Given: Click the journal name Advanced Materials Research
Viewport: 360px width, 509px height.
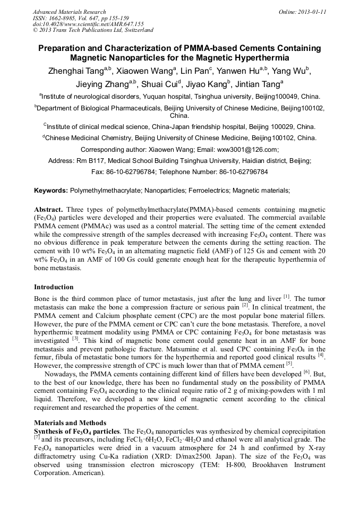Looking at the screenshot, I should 69,12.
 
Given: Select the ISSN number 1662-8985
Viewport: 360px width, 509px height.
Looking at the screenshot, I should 61,18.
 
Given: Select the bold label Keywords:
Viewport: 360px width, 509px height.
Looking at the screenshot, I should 51,190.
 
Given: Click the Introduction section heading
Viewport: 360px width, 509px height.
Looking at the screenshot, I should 54,287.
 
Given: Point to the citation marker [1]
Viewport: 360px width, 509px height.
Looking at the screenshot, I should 287,296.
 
